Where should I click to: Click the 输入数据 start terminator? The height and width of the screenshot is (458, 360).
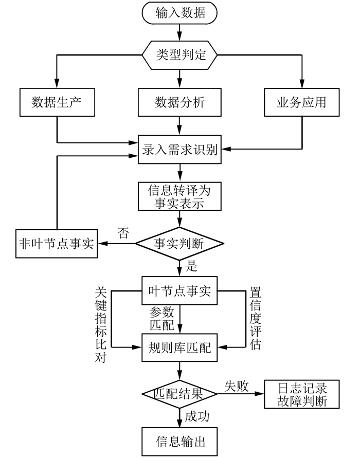click(179, 13)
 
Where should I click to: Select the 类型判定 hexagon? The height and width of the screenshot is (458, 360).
click(179, 55)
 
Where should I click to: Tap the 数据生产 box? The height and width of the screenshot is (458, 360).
click(57, 102)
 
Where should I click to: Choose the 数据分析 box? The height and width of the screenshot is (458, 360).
click(179, 102)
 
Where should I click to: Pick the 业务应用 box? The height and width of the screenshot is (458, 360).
click(302, 102)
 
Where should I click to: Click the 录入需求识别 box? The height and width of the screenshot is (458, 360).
click(179, 149)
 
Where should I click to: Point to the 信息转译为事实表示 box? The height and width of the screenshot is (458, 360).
click(179, 196)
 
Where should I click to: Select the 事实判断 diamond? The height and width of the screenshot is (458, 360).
click(179, 244)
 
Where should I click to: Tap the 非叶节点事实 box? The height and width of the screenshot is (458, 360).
click(57, 244)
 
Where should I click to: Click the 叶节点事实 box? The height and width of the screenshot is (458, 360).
click(179, 290)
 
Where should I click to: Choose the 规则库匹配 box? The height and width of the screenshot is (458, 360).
click(179, 347)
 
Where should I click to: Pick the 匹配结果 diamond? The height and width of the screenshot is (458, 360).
click(179, 394)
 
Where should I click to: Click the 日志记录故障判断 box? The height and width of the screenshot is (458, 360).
click(302, 394)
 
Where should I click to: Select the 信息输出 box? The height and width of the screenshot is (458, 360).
click(179, 442)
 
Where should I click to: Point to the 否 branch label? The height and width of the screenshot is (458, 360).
click(123, 233)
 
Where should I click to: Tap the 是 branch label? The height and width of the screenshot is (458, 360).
click(192, 266)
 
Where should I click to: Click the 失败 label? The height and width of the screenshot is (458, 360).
click(237, 386)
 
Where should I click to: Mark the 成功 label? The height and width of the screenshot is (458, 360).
click(197, 416)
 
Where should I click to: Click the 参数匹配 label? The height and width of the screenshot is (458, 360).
click(162, 318)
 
